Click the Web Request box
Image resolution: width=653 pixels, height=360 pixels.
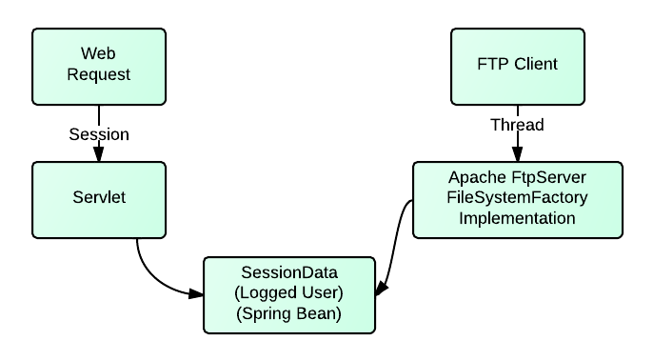pos(99,65)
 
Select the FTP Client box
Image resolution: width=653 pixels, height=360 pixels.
pos(517,65)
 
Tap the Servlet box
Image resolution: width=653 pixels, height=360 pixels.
pos(99,200)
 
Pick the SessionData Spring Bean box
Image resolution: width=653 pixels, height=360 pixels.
pos(289,293)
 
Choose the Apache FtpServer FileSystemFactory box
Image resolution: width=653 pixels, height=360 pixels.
pos(517,199)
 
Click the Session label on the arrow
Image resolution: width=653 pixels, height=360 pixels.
pos(99,134)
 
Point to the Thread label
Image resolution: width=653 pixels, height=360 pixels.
pos(517,125)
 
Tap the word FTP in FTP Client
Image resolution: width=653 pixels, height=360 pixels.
pos(495,65)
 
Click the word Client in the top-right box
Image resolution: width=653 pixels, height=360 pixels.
pos(535,65)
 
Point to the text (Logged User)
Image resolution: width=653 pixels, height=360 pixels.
pos(289,292)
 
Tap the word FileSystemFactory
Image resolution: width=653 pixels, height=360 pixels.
pos(517,199)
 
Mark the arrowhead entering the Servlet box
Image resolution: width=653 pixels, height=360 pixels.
pos(99,155)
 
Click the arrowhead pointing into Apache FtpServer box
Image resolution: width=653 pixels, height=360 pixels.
pos(517,155)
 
